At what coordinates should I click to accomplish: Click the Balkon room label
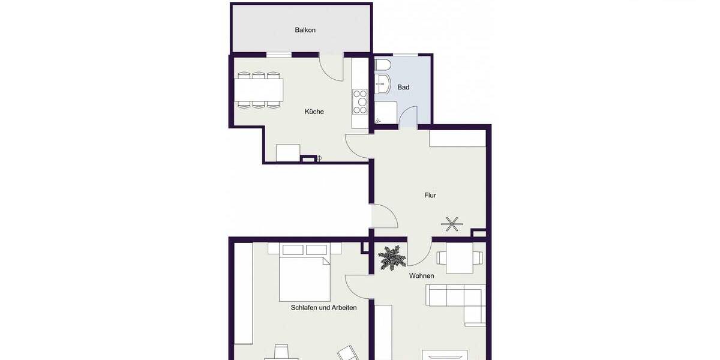tap(305, 30)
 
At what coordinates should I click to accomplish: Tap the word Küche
tap(314, 112)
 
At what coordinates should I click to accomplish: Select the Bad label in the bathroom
tap(403, 88)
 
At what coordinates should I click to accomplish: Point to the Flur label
tap(430, 196)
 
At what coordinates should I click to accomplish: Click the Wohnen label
tap(421, 276)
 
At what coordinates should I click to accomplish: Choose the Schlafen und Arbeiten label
tap(323, 308)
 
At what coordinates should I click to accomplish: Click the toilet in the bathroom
tap(383, 64)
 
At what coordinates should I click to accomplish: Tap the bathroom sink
tap(382, 85)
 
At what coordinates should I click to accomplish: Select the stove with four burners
tap(359, 101)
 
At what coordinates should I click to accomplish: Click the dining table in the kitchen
tap(259, 90)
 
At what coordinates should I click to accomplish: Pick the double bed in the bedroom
tap(304, 277)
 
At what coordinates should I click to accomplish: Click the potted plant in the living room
tap(392, 258)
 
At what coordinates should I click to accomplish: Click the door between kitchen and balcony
tap(331, 65)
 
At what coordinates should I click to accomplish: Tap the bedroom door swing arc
tap(358, 286)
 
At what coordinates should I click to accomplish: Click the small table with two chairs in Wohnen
tap(460, 259)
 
